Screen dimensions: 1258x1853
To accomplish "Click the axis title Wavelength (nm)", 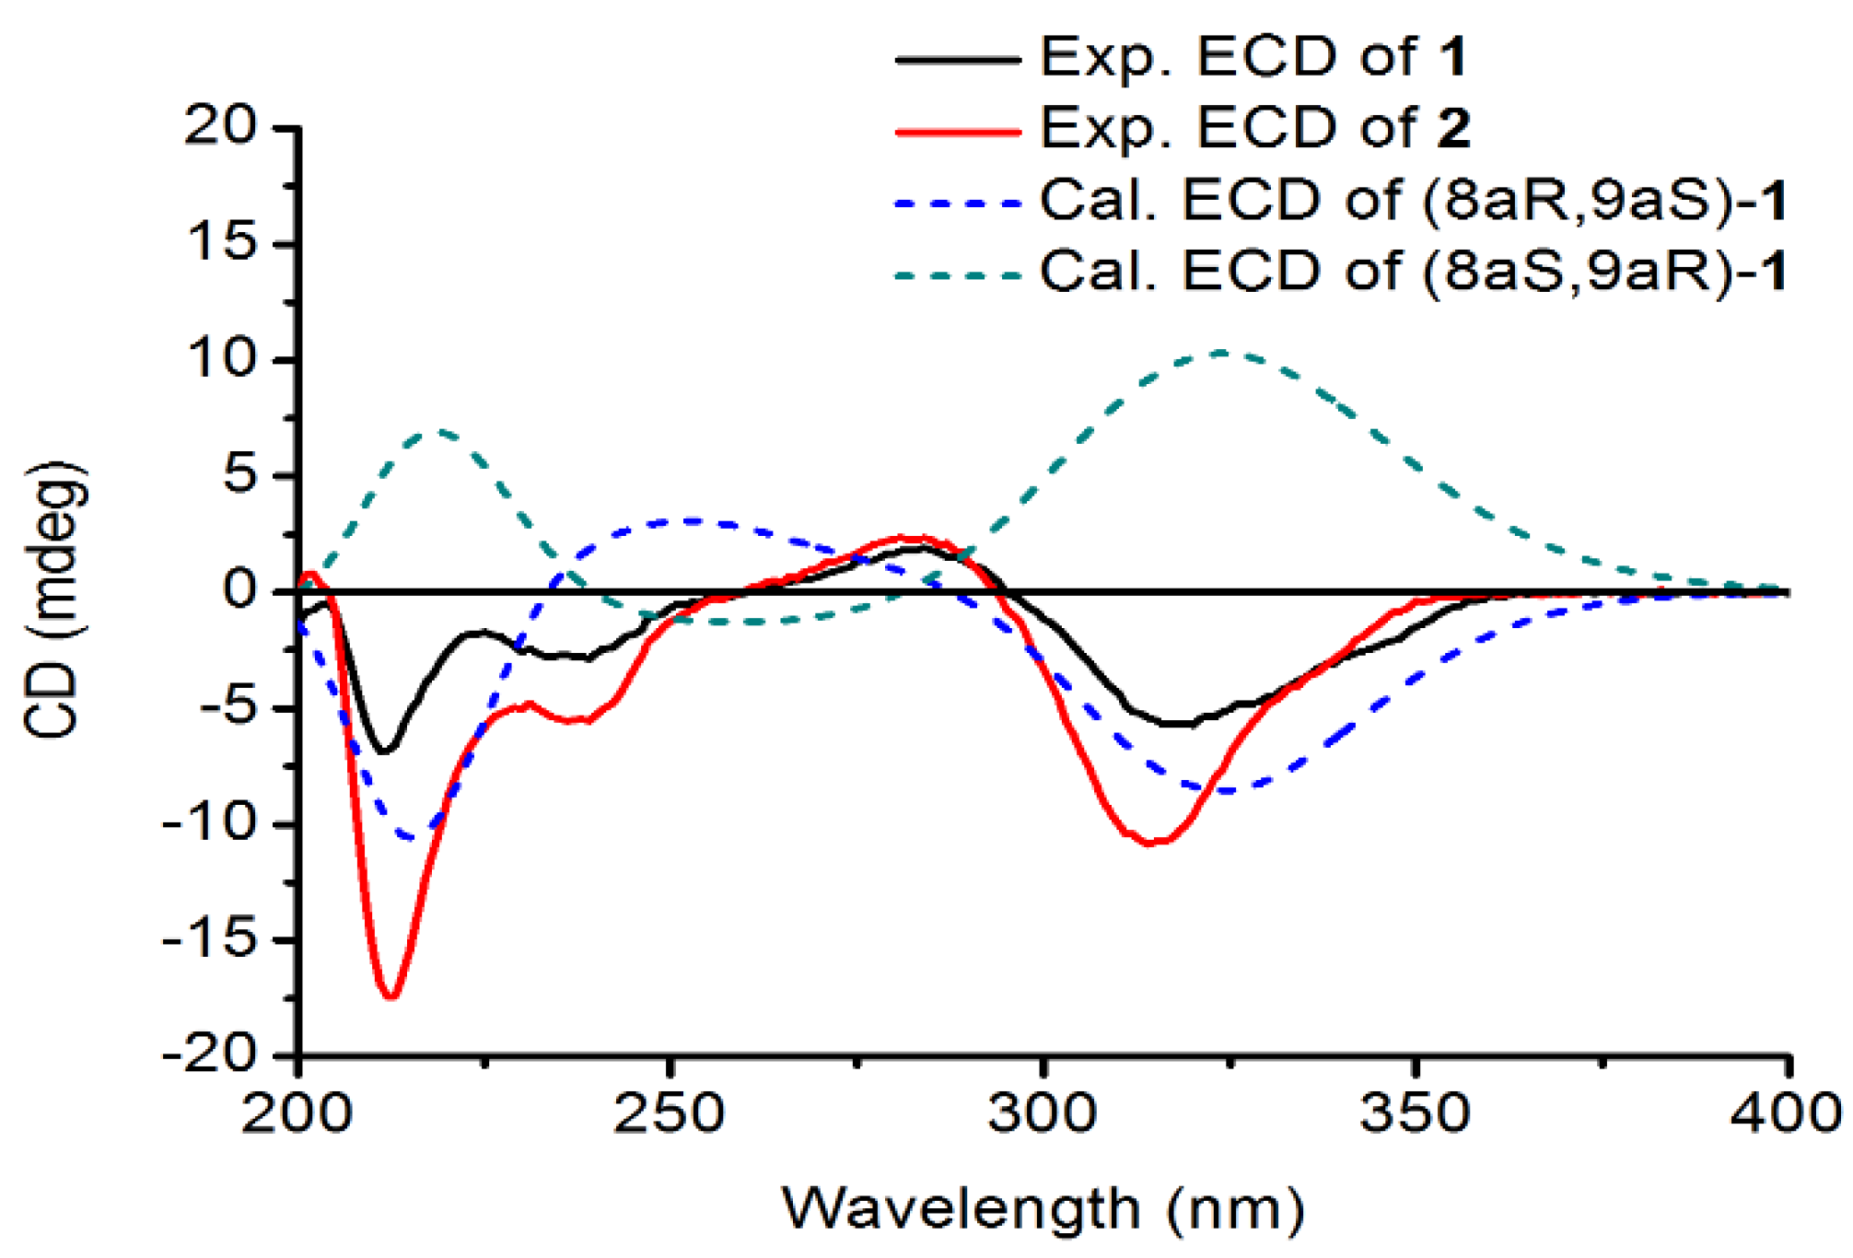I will click(1043, 1208).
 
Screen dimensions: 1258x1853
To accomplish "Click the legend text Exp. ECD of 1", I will click(1253, 57).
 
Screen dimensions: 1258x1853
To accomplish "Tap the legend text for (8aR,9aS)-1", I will click(1413, 199).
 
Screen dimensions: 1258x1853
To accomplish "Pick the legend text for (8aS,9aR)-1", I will click(1413, 271).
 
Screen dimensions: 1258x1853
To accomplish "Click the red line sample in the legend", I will click(958, 132).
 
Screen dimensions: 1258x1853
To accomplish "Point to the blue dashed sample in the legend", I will click(958, 203).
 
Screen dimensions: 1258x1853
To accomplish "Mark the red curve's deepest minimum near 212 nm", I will click(390, 996).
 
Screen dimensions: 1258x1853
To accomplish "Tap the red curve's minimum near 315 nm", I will click(1151, 843).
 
